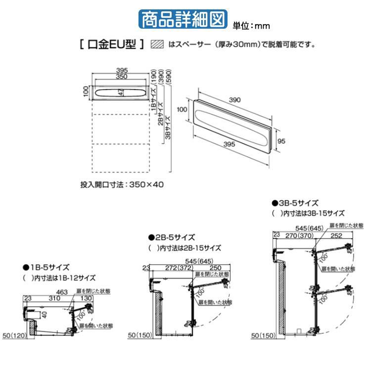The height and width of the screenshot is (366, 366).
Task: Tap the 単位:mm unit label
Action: [251, 25]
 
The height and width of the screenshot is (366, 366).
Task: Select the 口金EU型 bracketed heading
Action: [111, 45]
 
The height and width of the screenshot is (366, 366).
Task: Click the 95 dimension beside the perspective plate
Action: [281, 141]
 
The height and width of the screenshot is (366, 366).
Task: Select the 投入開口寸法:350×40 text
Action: [122, 184]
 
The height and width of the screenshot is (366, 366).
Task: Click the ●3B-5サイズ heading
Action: [295, 203]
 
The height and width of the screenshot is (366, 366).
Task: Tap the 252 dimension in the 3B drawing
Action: [336, 236]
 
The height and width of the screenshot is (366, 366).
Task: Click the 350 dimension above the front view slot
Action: [121, 77]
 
